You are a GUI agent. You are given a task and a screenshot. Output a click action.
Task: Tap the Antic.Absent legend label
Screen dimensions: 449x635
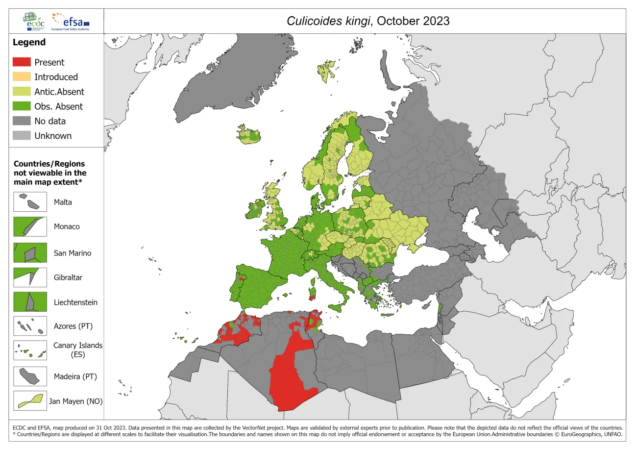pyautogui.click(x=59, y=92)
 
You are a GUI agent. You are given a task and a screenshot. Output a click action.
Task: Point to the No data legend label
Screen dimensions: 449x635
pyautogui.click(x=50, y=121)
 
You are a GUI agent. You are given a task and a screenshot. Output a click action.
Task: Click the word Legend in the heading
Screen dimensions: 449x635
pyautogui.click(x=29, y=42)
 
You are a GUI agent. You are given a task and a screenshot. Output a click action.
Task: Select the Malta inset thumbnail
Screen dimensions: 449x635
pyautogui.click(x=30, y=202)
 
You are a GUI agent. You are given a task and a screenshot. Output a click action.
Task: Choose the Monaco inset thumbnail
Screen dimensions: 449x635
pyautogui.click(x=30, y=227)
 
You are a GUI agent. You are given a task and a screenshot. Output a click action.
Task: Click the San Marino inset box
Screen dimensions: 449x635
pyautogui.click(x=30, y=253)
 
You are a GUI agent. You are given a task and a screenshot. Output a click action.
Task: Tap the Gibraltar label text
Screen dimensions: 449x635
pyautogui.click(x=68, y=277)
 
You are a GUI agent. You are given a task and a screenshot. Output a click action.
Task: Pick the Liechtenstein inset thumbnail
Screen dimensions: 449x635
pyautogui.click(x=30, y=302)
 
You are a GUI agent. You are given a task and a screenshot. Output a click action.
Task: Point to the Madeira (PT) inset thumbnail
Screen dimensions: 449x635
pyautogui.click(x=30, y=376)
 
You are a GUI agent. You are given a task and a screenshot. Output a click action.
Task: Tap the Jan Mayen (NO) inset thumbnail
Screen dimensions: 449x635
pyautogui.click(x=30, y=400)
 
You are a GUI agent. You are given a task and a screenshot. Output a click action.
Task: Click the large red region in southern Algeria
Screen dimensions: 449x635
pyautogui.click(x=289, y=377)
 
